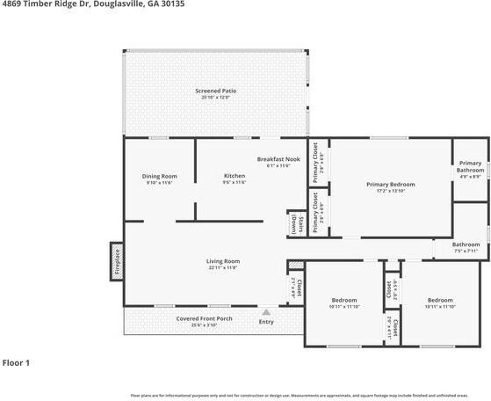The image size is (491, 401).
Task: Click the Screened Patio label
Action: click(215, 91)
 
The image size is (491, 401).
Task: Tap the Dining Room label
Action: click(159, 176)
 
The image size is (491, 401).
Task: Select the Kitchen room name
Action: click(235, 176)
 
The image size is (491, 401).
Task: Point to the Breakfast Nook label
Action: click(278, 158)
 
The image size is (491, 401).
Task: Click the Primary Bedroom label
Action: click(390, 184)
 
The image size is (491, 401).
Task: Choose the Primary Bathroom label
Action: click(470, 166)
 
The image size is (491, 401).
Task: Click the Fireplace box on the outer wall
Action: click(116, 260)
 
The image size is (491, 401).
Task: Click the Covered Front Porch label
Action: click(204, 318)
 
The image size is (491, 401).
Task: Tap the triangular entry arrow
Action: click(266, 311)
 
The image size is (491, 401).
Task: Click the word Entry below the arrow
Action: click(266, 322)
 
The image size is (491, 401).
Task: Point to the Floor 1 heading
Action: click(16, 362)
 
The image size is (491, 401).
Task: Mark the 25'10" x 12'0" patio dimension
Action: click(215, 98)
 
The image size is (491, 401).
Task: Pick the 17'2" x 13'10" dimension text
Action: click(390, 191)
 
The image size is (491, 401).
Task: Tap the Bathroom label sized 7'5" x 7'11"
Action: click(466, 244)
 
